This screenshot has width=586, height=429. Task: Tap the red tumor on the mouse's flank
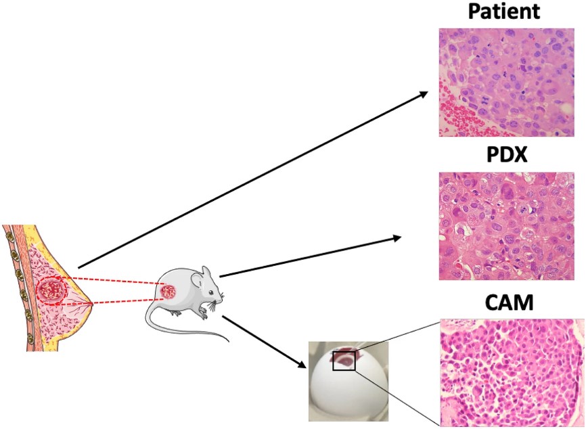[x=167, y=293]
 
